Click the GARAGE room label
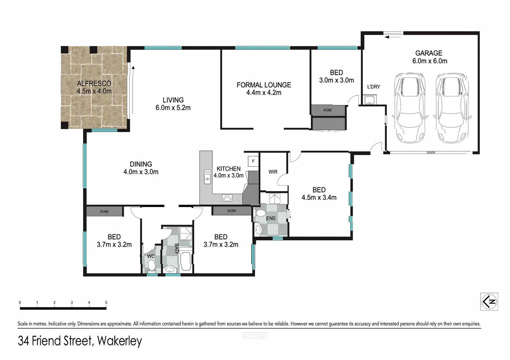tap(429, 53)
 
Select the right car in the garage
tap(453, 107)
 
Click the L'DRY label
tap(373, 87)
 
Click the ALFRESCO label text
tap(94, 83)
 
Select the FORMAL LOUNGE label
tap(264, 85)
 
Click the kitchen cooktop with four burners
tap(227, 198)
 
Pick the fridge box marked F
tap(253, 161)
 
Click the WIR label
tap(273, 172)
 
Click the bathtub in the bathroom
tap(185, 262)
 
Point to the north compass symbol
tap(489, 302)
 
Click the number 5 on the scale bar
tap(106, 303)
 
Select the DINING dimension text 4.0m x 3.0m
tap(141, 172)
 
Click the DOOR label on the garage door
tap(431, 153)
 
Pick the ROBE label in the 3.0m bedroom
tap(328, 110)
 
